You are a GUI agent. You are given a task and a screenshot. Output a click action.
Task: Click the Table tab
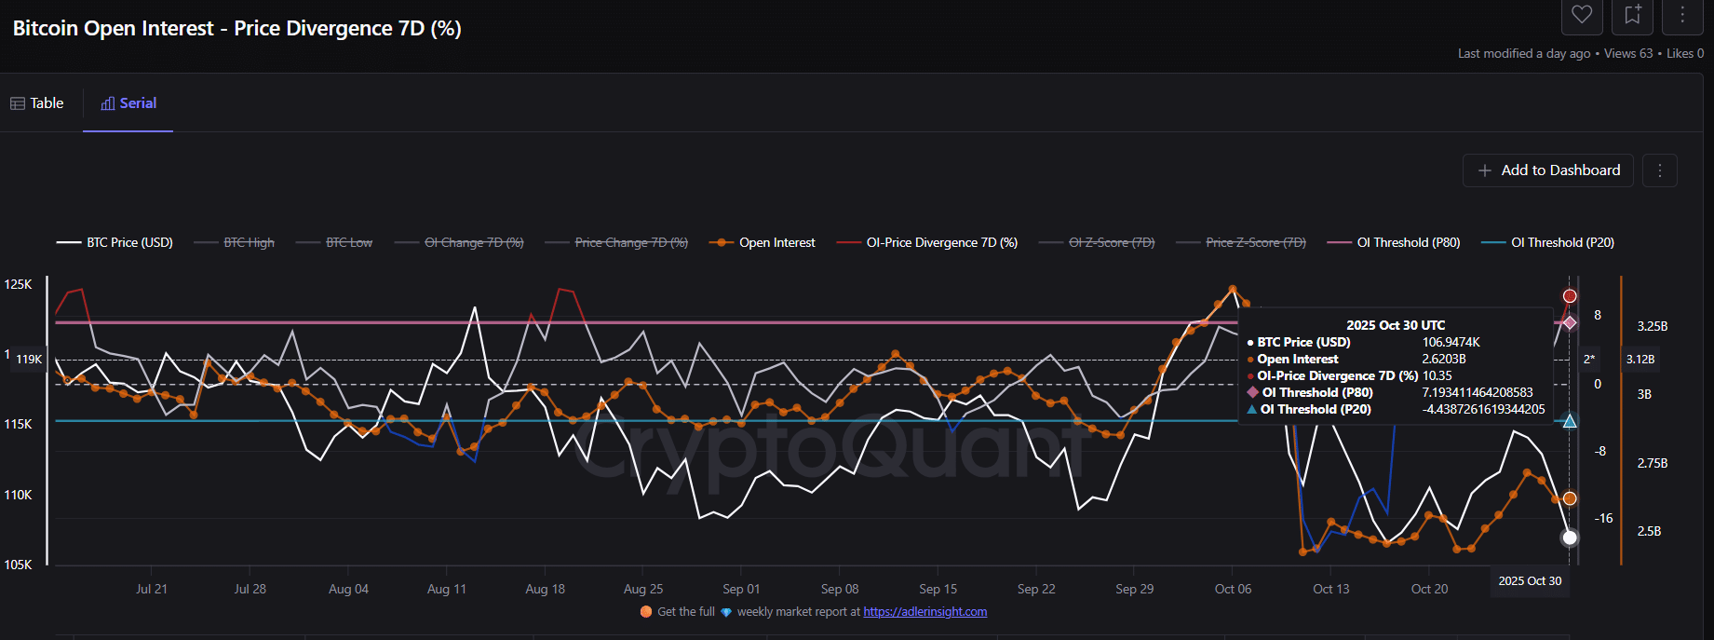point(37,103)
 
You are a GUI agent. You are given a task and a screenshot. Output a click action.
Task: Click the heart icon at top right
point(1582,14)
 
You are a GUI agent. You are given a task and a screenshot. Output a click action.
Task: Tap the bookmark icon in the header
point(1632,14)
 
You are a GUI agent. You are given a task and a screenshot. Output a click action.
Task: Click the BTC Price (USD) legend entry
point(115,242)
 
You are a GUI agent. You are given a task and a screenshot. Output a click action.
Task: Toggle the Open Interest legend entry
point(763,242)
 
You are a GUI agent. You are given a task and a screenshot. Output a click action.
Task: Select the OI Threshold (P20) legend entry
point(1548,242)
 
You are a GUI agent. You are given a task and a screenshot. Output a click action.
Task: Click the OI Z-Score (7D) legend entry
point(1098,242)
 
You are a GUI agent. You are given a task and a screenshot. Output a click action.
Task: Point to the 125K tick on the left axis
point(19,284)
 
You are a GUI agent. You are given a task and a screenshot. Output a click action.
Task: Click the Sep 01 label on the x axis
point(741,589)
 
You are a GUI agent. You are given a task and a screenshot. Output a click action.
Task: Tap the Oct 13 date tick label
point(1330,589)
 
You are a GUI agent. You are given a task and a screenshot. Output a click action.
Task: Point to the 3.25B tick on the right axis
point(1652,326)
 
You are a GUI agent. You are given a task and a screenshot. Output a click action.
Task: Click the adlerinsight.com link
point(924,612)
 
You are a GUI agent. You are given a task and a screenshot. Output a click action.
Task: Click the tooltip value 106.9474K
point(1451,342)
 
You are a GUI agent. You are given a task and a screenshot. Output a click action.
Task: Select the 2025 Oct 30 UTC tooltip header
point(1396,325)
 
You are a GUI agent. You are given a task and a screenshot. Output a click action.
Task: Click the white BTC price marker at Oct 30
point(1570,538)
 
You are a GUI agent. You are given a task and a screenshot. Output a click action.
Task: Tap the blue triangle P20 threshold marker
point(1570,421)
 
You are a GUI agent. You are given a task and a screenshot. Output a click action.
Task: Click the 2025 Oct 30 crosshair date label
point(1530,580)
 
